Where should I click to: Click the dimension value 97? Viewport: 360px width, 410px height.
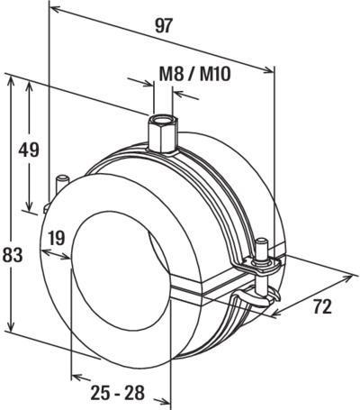pos(165,26)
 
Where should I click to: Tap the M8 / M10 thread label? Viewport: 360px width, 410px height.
pos(195,74)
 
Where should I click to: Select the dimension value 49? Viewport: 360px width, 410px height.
pos(29,150)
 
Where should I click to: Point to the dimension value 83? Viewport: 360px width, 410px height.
pos(13,255)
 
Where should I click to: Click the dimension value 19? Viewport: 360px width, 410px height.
pos(56,238)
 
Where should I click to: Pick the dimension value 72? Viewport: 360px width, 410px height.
pos(322,306)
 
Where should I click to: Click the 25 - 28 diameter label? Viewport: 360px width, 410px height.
pos(118,392)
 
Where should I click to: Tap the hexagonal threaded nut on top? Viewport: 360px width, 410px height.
pos(163,133)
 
